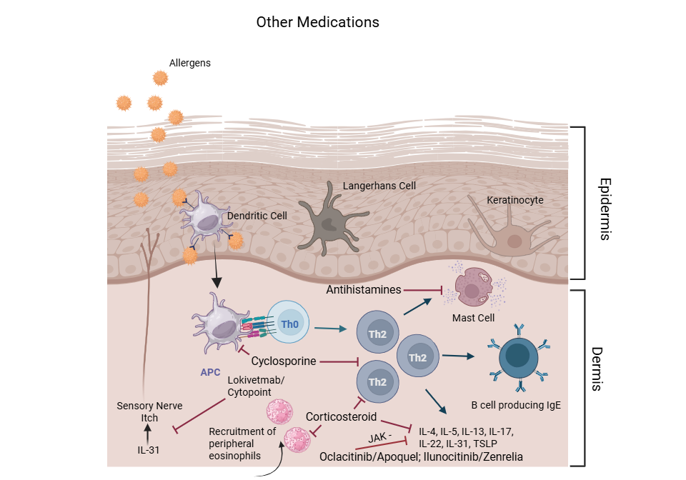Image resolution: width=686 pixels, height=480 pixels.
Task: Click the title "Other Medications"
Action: coord(317,22)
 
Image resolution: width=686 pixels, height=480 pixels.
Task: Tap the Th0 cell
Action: coord(289,323)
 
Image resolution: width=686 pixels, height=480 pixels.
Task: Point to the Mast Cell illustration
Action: coord(473,287)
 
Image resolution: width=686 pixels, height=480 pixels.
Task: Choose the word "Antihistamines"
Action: coord(364,289)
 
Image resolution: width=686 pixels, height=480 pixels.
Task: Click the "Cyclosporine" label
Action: coord(284,361)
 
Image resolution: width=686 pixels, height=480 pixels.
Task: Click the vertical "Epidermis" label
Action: coord(605,209)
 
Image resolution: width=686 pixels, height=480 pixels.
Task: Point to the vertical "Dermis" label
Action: coord(605,369)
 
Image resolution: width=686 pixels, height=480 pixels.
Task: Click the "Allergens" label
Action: coord(190,63)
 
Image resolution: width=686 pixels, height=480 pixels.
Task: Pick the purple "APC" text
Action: coord(210,371)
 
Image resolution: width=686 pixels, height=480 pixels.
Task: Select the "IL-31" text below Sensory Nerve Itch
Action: coord(148,451)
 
